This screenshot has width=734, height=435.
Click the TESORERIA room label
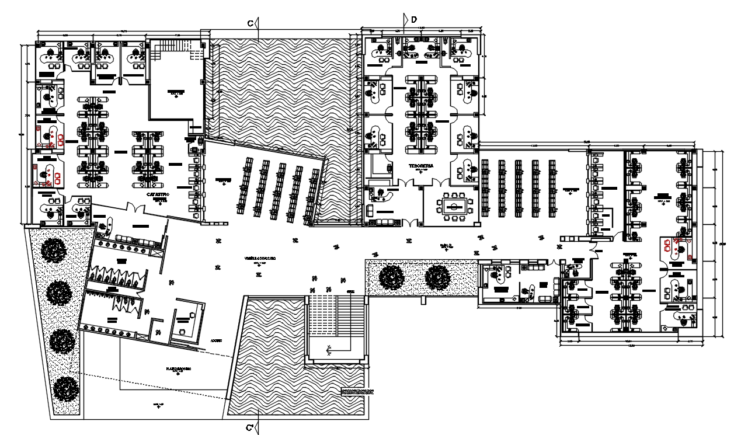coord(421,166)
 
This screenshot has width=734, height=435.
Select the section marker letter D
coord(414,20)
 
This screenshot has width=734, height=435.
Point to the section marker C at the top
coord(249,23)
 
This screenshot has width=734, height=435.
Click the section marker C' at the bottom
coord(249,429)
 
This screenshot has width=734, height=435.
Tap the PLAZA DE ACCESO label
coord(179,370)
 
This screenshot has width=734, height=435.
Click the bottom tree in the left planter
coord(65,388)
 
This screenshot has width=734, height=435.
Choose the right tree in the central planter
coord(437,276)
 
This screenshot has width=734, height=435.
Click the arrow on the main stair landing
coord(329,352)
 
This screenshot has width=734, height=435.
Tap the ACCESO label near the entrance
coord(215,340)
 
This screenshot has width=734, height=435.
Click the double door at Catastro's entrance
coord(135,208)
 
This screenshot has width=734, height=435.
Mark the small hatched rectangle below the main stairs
coord(357,392)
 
